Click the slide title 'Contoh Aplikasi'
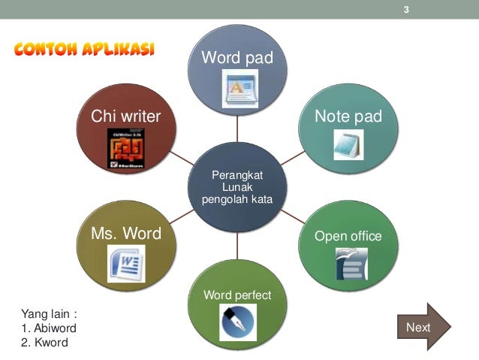[x=84, y=50]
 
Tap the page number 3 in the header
[x=406, y=10]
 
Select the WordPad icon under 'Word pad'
[x=238, y=87]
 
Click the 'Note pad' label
[x=348, y=116]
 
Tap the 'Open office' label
[x=348, y=236]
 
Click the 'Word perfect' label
[x=237, y=294]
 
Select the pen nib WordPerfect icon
[x=238, y=322]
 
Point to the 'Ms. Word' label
[x=126, y=234]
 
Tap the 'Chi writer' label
[x=126, y=116]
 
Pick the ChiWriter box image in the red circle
[x=125, y=147]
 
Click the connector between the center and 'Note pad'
[x=295, y=157]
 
